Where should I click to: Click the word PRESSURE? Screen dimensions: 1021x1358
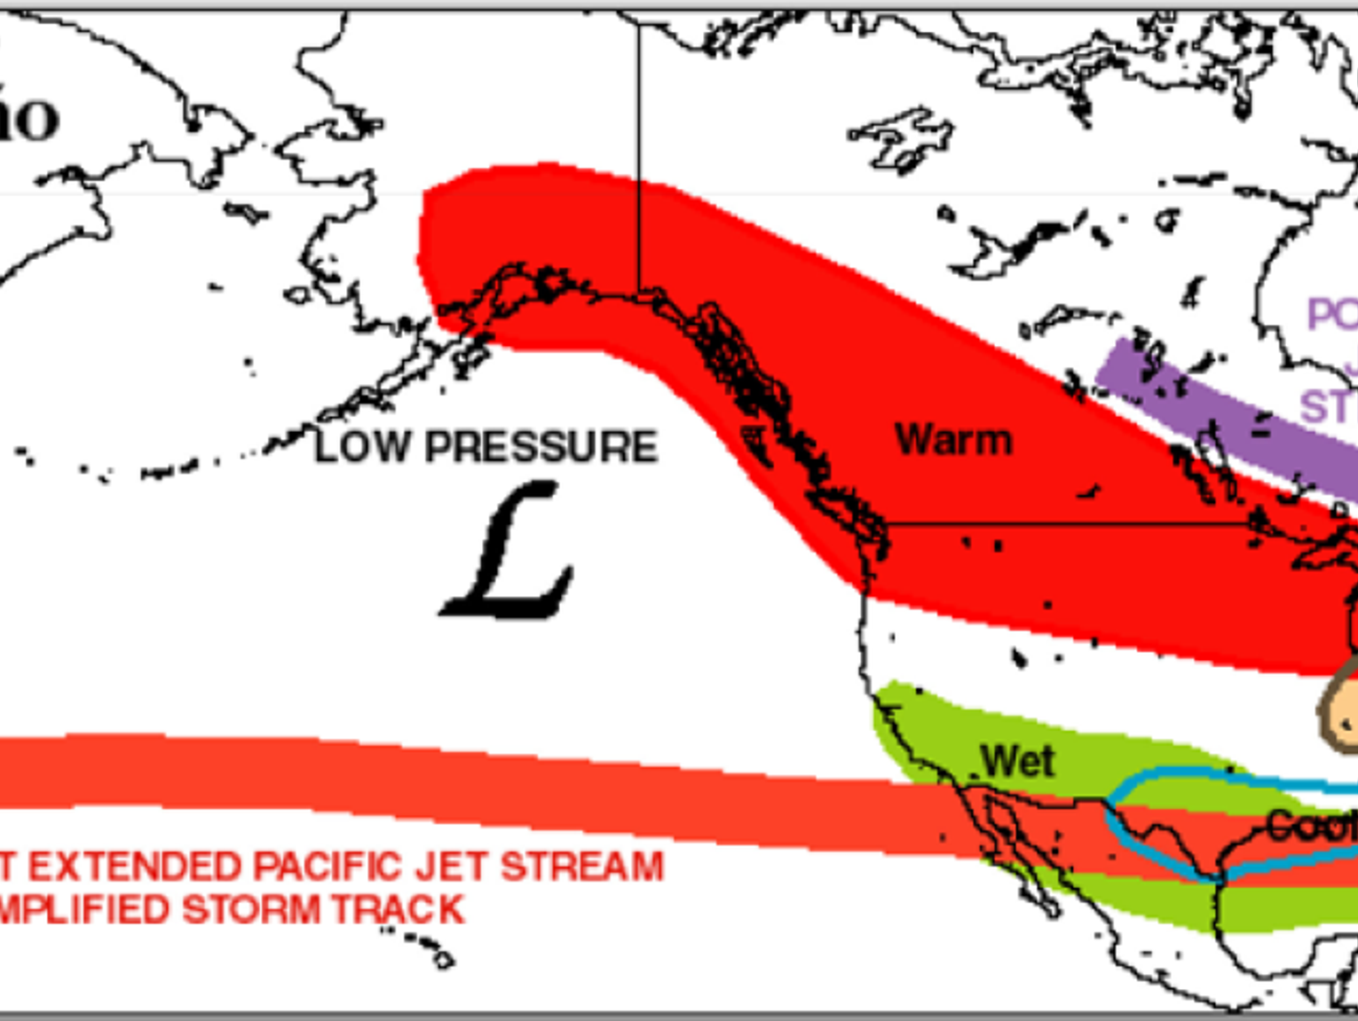coord(541,446)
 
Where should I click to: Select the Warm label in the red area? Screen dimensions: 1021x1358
coord(953,440)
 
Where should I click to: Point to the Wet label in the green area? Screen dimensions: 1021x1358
coord(1017,761)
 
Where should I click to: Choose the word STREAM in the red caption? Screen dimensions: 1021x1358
coord(581,867)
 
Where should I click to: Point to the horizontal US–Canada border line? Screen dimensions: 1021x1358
coord(1065,524)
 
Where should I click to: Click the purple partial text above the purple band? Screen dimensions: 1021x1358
coord(1331,315)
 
